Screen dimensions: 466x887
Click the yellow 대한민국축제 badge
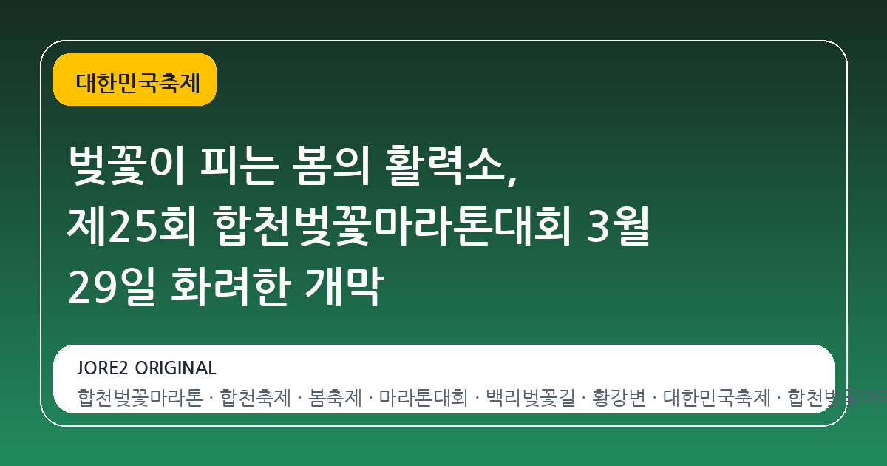(135, 80)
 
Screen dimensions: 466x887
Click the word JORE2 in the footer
(103, 368)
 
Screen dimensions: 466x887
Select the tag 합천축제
(255, 399)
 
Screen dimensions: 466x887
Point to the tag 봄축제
(335, 399)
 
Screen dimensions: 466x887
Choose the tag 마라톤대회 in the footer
(424, 399)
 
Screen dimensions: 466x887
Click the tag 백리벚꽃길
(530, 399)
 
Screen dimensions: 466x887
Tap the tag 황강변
(619, 399)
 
